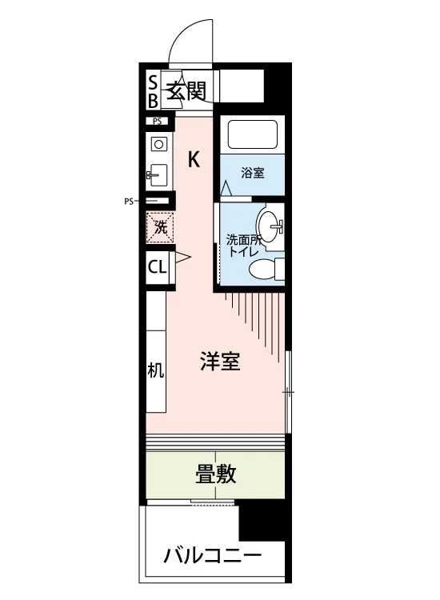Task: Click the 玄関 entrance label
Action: (x=187, y=90)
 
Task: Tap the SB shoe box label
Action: (x=153, y=92)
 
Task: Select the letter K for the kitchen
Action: (x=194, y=159)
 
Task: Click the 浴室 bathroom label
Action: (x=253, y=173)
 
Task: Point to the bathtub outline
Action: (x=253, y=134)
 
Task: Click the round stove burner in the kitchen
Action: (x=159, y=145)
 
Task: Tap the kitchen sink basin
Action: (x=158, y=175)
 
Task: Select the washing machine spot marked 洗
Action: (x=160, y=228)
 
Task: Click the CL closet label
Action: (x=158, y=266)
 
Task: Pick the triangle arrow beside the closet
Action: (x=182, y=258)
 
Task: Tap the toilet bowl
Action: (x=262, y=269)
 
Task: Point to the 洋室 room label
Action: (x=220, y=362)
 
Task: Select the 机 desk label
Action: (x=156, y=370)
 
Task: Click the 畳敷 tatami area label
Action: (x=216, y=474)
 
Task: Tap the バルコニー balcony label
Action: (x=213, y=556)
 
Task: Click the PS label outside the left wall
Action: (x=129, y=202)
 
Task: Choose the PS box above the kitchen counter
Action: (x=158, y=122)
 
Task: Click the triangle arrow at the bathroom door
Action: (x=226, y=188)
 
